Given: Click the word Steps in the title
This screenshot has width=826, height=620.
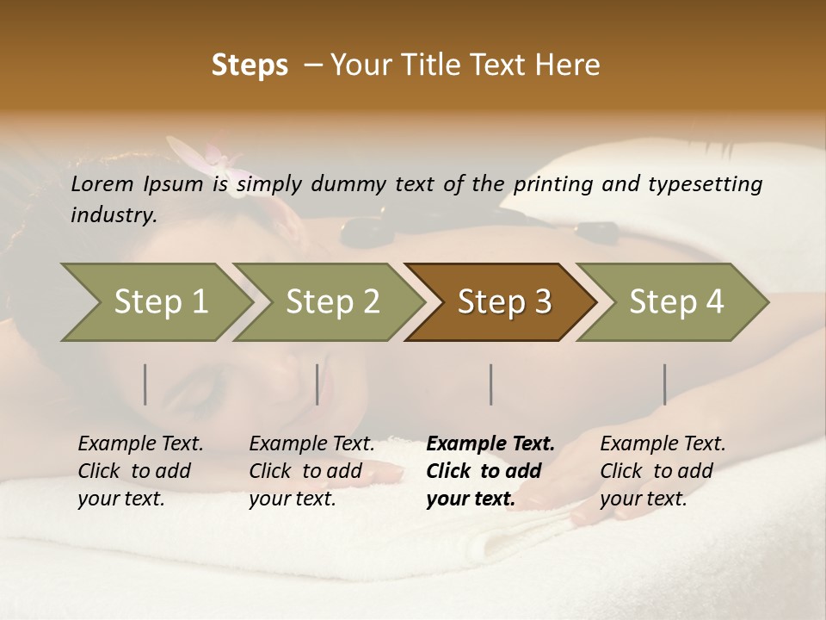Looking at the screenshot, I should [x=250, y=65].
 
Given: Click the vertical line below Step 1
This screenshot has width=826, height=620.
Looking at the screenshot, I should [x=145, y=384].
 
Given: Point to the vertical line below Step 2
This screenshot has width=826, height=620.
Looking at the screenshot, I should [x=317, y=384].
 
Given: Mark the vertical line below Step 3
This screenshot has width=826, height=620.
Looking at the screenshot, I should [x=490, y=384].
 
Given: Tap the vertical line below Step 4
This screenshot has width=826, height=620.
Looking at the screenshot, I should [x=664, y=384].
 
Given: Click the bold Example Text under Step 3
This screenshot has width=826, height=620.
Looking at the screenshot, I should [x=490, y=444].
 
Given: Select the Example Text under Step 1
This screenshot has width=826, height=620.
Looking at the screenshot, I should [x=140, y=444].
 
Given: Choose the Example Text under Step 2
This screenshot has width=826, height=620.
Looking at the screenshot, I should [x=311, y=444].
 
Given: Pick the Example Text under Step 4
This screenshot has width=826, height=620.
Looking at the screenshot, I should [x=663, y=444].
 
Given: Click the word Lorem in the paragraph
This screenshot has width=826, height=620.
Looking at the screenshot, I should [x=102, y=184].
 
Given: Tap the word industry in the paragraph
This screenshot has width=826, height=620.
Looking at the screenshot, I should [x=113, y=215].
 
